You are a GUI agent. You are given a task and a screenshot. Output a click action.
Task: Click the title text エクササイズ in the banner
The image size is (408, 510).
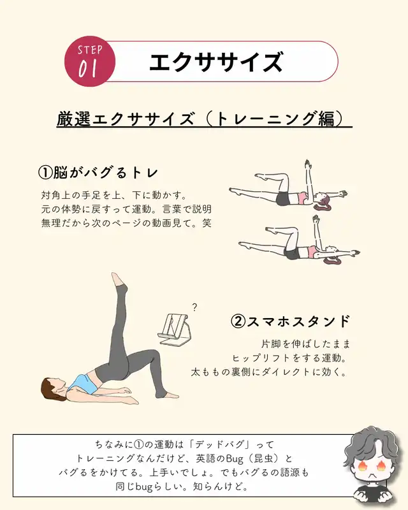coord(215,62)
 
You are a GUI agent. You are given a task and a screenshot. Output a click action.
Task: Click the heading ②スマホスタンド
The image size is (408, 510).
coord(289,321)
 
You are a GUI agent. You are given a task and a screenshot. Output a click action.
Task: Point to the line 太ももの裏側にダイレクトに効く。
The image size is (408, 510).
coord(268,371)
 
